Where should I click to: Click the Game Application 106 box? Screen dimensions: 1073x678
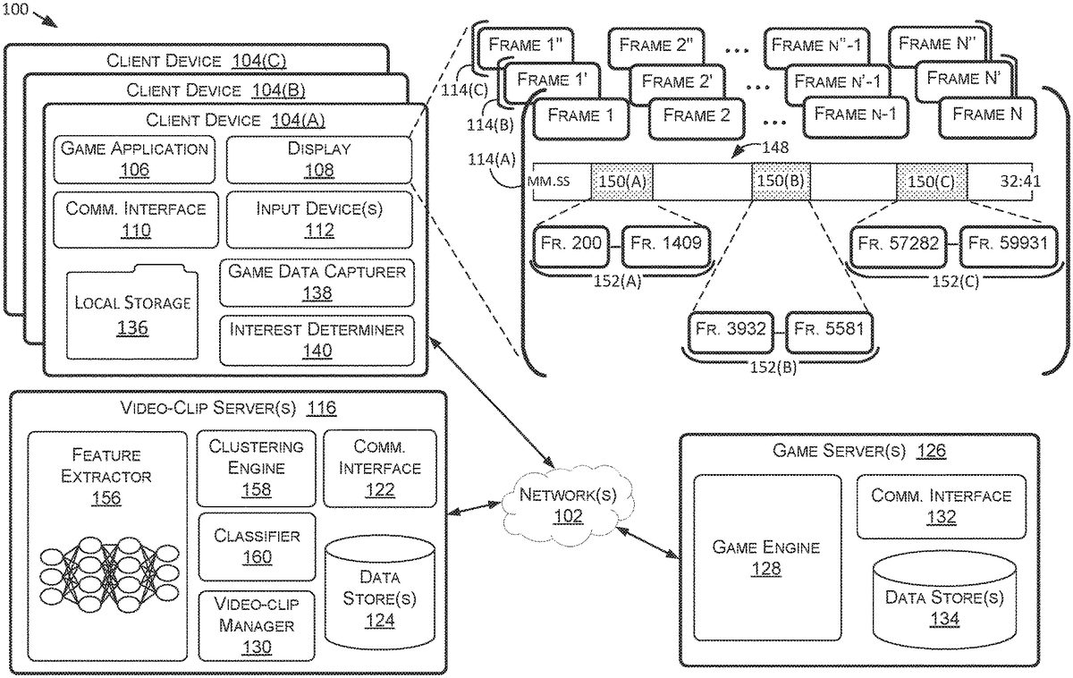pyautogui.click(x=134, y=160)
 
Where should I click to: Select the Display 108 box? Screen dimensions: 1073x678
pyautogui.click(x=319, y=160)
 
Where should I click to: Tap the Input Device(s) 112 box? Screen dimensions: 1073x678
pyautogui.click(x=319, y=220)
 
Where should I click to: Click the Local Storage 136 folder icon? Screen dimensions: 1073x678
pyautogui.click(x=132, y=312)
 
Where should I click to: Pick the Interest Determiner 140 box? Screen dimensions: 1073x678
pyautogui.click(x=317, y=340)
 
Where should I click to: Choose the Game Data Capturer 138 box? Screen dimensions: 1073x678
pyautogui.click(x=317, y=283)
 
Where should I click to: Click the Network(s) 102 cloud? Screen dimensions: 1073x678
pyautogui.click(x=568, y=505)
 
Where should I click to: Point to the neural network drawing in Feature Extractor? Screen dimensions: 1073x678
pyautogui.click(x=109, y=575)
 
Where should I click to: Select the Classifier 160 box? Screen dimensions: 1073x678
pyautogui.click(x=258, y=547)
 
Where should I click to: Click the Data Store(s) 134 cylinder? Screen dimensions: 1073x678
pyautogui.click(x=944, y=601)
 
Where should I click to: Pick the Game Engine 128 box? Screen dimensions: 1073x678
pyautogui.click(x=767, y=558)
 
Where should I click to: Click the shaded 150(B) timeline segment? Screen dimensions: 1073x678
pyautogui.click(x=781, y=182)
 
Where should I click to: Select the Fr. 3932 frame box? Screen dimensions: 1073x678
pyautogui.click(x=731, y=332)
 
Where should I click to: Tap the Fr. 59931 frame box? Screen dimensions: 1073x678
pyautogui.click(x=1009, y=246)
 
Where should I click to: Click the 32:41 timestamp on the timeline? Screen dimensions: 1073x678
pyautogui.click(x=1020, y=182)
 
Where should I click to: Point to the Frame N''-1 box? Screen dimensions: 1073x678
pyautogui.click(x=816, y=47)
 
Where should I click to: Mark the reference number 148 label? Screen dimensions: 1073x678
pyautogui.click(x=775, y=147)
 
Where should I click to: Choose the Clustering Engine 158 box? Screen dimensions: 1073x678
pyautogui.click(x=257, y=468)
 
